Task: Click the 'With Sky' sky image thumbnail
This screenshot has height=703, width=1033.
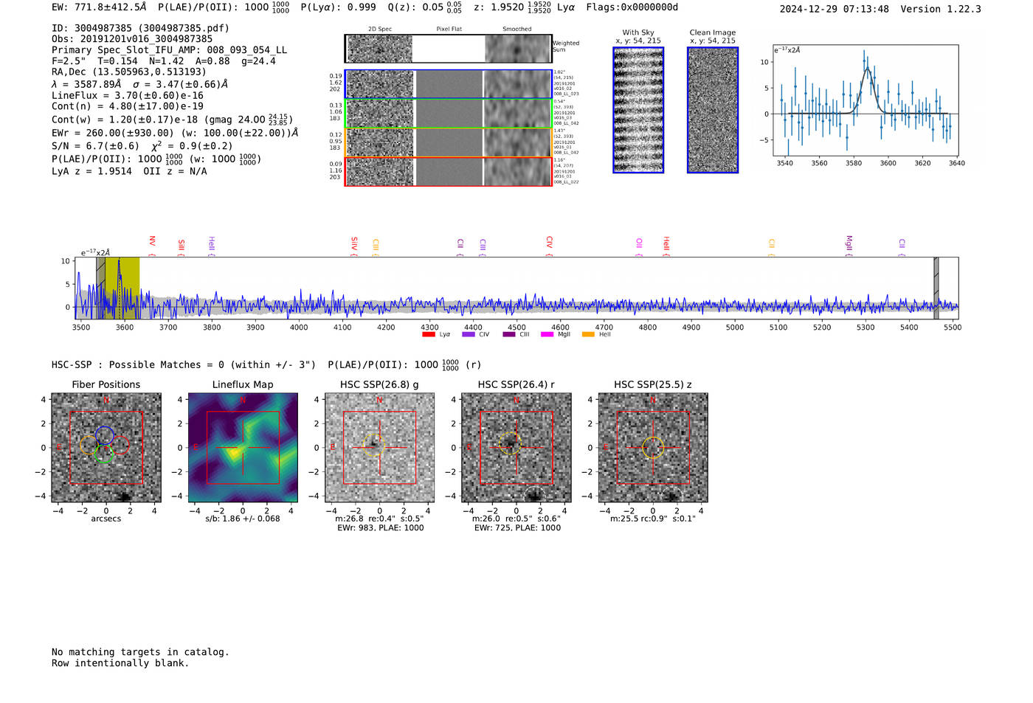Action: pyautogui.click(x=638, y=110)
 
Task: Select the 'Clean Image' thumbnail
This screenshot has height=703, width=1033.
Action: pyautogui.click(x=713, y=110)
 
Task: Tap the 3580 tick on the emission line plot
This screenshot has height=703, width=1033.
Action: pyautogui.click(x=854, y=163)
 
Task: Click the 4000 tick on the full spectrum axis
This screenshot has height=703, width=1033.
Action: pyautogui.click(x=299, y=327)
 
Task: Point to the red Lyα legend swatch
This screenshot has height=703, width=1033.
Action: pyautogui.click(x=429, y=334)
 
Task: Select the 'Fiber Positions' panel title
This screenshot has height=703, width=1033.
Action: pyautogui.click(x=106, y=384)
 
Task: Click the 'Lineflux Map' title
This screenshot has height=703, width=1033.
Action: pyautogui.click(x=243, y=384)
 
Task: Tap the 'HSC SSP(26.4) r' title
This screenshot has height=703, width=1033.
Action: pyautogui.click(x=516, y=384)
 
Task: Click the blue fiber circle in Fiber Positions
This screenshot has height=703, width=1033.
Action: pyautogui.click(x=105, y=435)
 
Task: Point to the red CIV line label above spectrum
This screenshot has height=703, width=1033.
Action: pyautogui.click(x=549, y=242)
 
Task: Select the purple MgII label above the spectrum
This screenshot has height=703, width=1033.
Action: pyautogui.click(x=849, y=243)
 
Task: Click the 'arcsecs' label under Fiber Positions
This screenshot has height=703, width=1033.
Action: pyautogui.click(x=106, y=519)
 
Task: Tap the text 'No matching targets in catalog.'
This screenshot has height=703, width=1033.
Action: pyautogui.click(x=140, y=652)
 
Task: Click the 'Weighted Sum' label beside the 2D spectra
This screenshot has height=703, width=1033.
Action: pyautogui.click(x=566, y=46)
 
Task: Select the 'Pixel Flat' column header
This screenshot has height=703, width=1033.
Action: pyautogui.click(x=449, y=29)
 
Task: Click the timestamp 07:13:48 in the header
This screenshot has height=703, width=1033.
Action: pyautogui.click(x=864, y=9)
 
